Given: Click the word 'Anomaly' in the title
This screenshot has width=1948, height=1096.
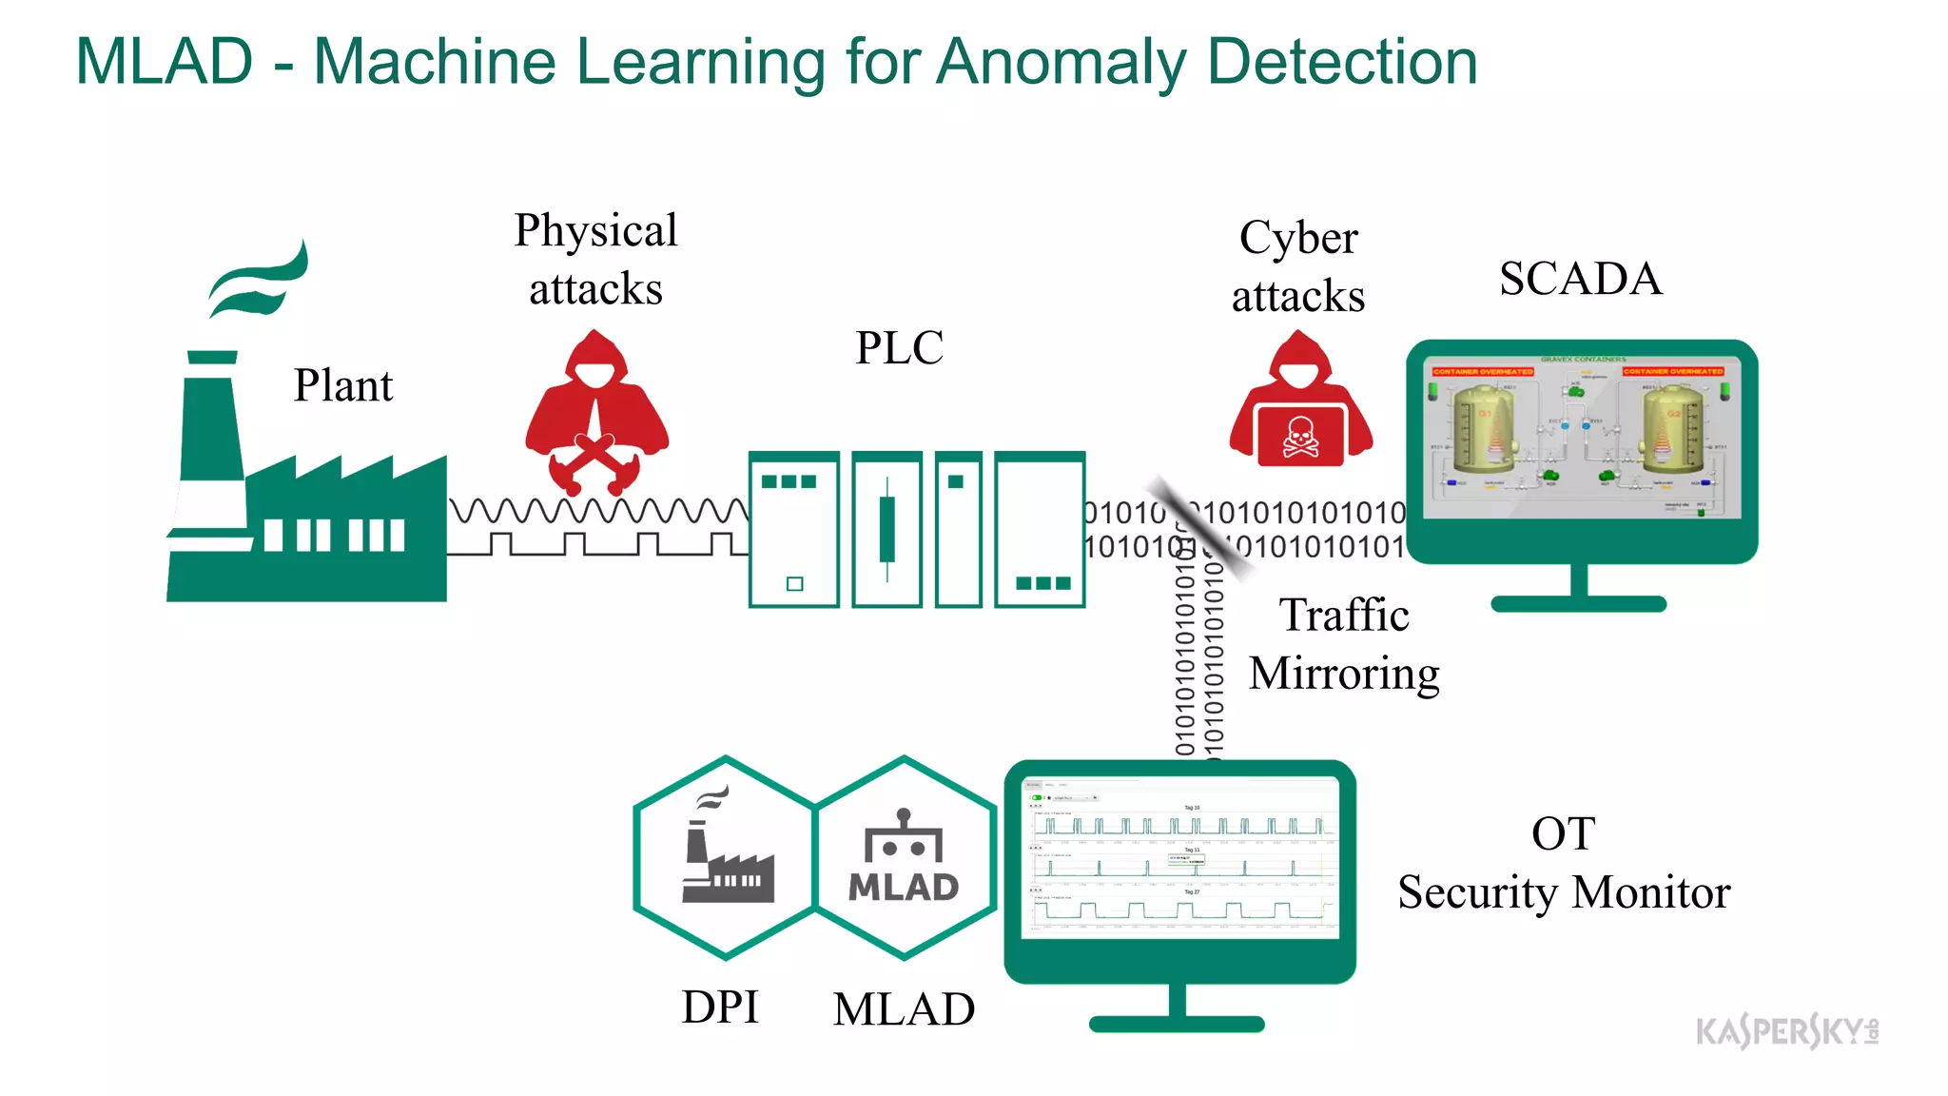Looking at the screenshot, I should tap(1061, 63).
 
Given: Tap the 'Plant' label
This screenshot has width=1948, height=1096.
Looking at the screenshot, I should tap(342, 385).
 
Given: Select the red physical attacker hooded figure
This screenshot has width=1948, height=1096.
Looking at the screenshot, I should tap(596, 409).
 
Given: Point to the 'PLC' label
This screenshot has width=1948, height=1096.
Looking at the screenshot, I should tap(899, 347).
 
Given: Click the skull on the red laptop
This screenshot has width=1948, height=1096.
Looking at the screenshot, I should tap(1300, 437).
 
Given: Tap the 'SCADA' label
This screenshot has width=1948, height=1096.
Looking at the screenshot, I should tap(1580, 279).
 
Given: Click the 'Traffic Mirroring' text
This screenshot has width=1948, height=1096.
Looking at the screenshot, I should tap(1343, 644).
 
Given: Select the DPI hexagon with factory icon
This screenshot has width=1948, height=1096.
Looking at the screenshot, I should tap(726, 856).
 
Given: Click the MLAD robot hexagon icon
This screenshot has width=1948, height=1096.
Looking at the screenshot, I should tap(904, 856).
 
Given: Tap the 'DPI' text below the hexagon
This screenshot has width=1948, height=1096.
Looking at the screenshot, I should tap(720, 1007).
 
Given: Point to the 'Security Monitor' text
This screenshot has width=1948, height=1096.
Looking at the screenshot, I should tap(1563, 892).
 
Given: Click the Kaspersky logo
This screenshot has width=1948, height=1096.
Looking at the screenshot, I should tap(1786, 1031).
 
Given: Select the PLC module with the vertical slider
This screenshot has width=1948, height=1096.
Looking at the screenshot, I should tap(886, 529).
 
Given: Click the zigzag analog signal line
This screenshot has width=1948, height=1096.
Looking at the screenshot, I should tap(597, 511).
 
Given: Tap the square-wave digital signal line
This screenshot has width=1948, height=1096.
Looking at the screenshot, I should tap(597, 545).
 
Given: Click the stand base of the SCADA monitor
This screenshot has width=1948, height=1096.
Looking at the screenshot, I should tap(1578, 604).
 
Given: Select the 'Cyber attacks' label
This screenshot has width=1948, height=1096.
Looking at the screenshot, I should tap(1298, 266).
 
